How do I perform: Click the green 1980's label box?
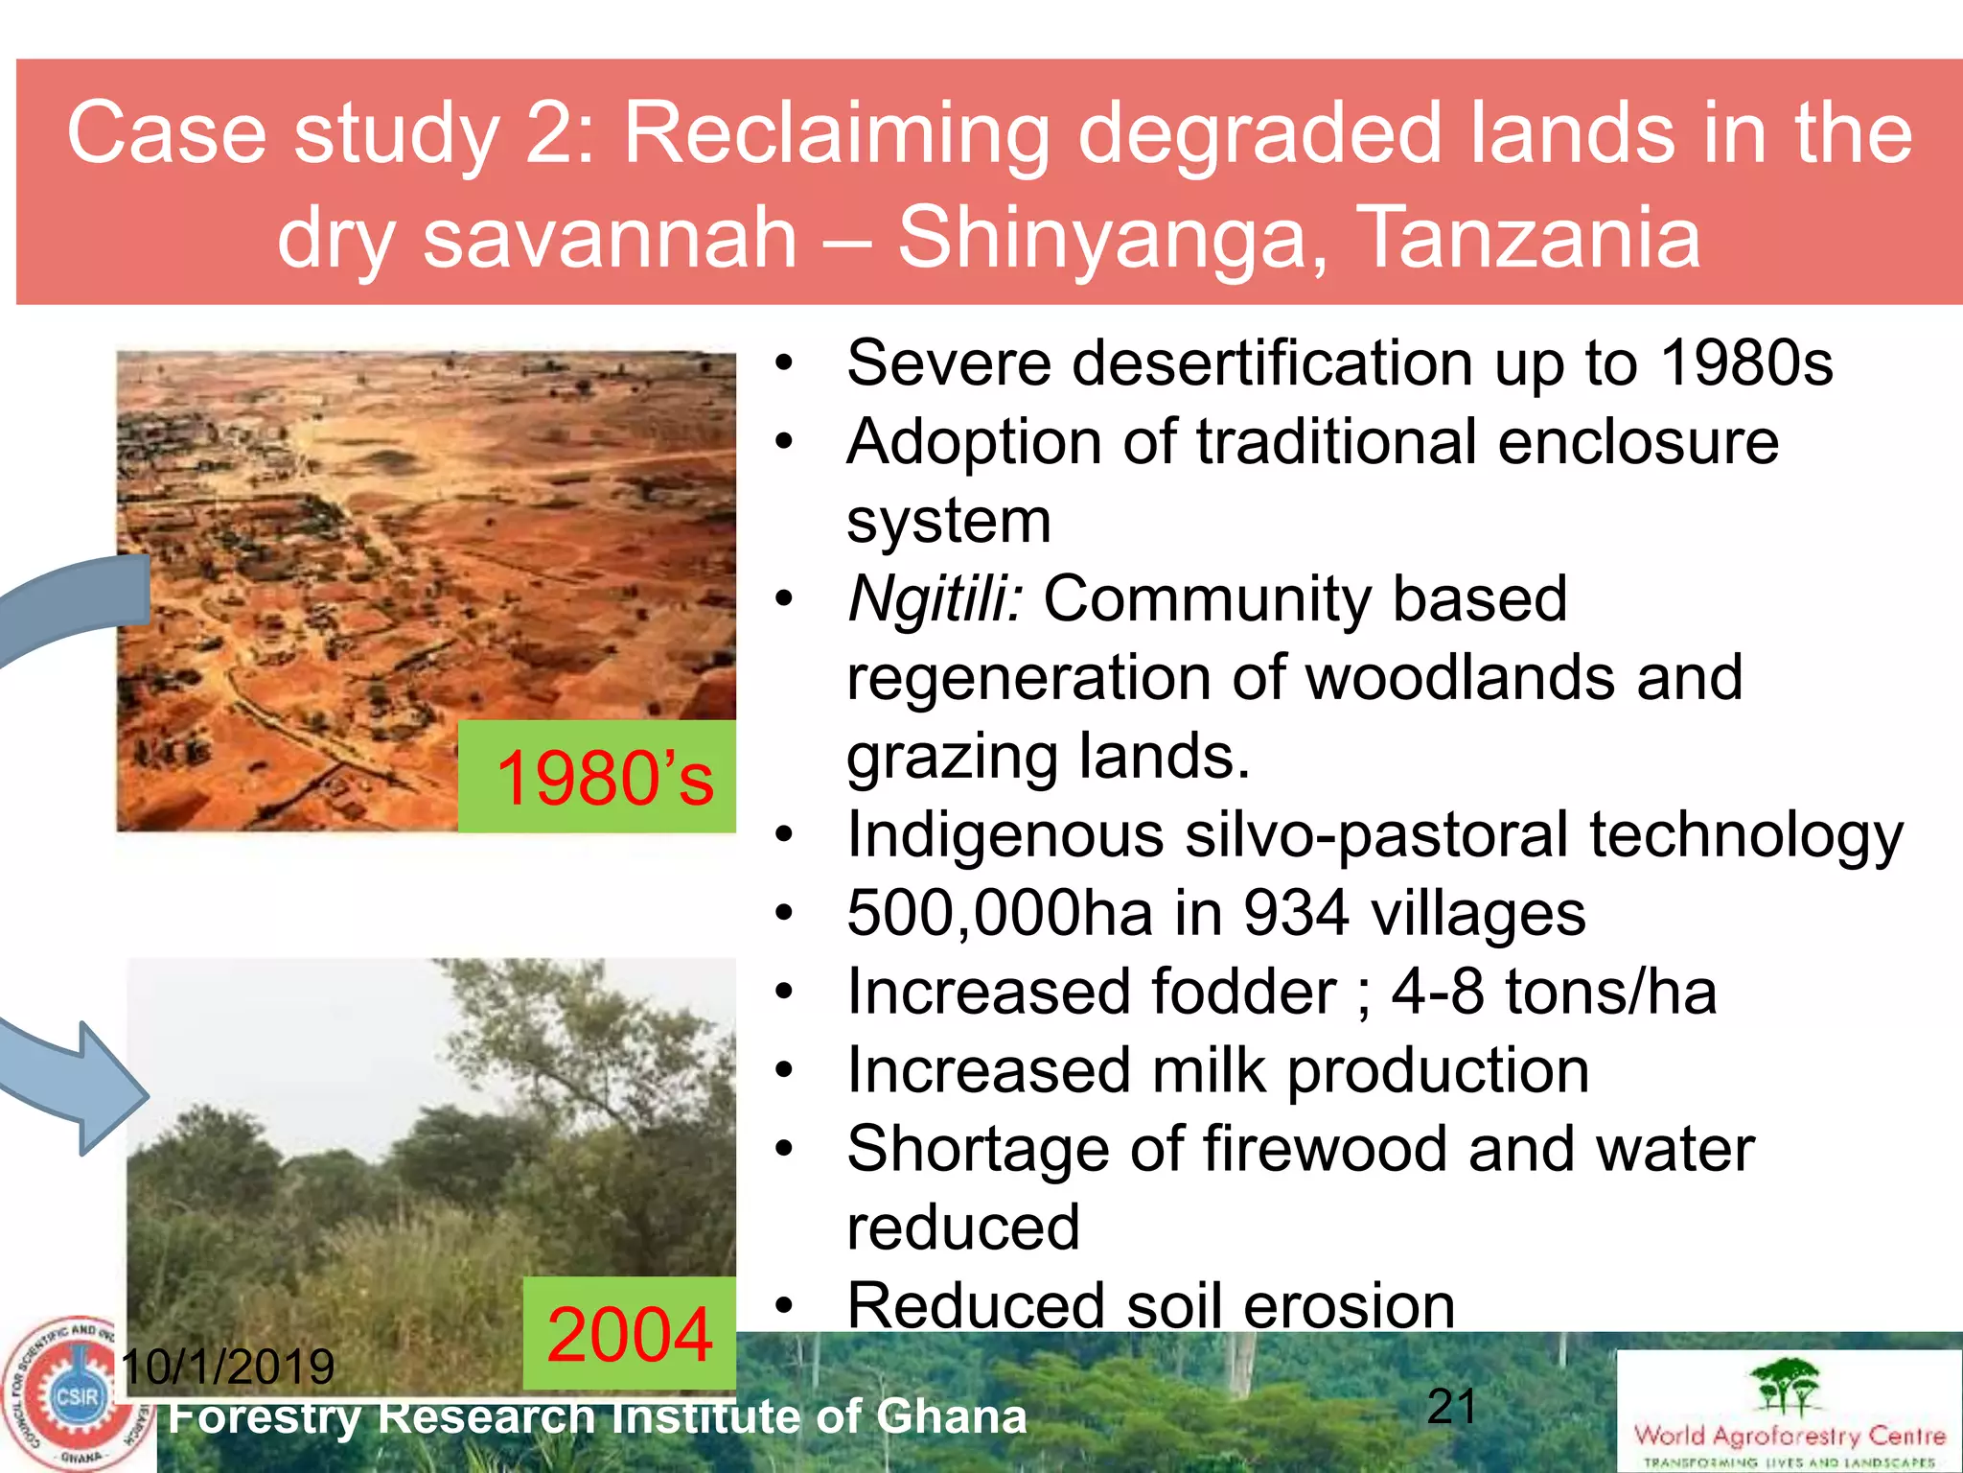point(598,777)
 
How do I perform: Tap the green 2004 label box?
point(630,1333)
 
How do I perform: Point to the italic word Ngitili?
point(935,599)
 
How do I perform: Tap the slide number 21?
point(1451,1407)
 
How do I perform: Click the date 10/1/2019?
point(228,1367)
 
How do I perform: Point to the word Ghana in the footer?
point(951,1417)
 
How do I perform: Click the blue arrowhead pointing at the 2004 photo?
point(110,1088)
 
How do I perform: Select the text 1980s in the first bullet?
point(1746,363)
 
